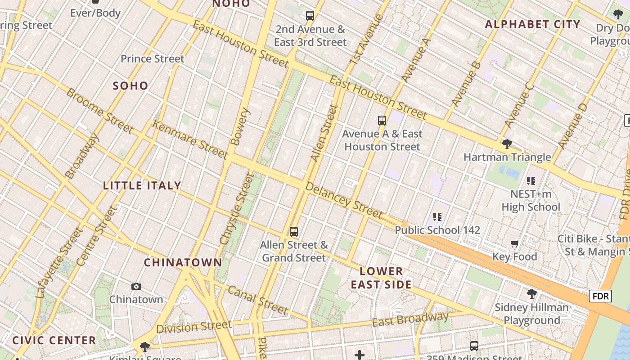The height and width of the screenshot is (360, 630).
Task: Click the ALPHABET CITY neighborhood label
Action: [x=532, y=24]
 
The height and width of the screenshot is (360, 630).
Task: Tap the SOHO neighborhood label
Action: [x=130, y=85]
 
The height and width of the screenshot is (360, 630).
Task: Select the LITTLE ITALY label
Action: [x=142, y=185]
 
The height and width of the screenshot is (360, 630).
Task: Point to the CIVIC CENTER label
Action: [x=54, y=340]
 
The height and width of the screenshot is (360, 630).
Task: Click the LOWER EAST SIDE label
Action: [x=382, y=278]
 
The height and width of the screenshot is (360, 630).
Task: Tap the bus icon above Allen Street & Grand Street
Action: [x=294, y=232]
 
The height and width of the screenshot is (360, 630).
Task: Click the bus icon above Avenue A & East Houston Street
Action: [x=382, y=120]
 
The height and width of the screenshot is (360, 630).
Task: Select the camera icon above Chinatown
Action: [x=136, y=286]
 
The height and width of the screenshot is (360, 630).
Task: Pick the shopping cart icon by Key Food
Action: [x=515, y=243]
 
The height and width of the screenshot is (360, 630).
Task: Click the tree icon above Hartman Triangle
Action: [x=507, y=144]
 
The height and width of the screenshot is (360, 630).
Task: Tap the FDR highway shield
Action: [x=601, y=296]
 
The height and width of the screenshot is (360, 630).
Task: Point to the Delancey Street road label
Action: [x=344, y=200]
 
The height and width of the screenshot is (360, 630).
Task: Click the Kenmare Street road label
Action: [x=190, y=139]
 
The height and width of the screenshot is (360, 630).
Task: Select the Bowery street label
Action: [x=240, y=126]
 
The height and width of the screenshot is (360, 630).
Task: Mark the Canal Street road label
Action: [x=257, y=300]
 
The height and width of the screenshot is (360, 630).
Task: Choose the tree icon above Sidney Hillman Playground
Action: [x=531, y=294]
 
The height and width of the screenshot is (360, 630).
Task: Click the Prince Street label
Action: [x=153, y=58]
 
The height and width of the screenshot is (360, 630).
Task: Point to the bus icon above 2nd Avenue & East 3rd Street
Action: [x=310, y=16]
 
